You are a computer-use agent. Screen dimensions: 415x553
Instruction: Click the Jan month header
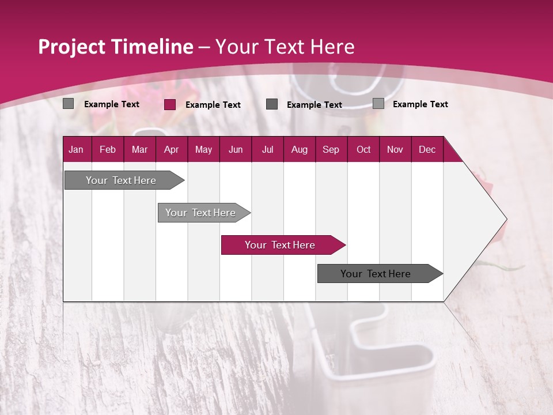pyautogui.click(x=76, y=149)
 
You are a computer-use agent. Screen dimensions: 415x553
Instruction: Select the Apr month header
pyautogui.click(x=171, y=149)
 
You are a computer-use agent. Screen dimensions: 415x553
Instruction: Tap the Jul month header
pyautogui.click(x=267, y=149)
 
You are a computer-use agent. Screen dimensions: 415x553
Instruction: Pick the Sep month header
pyautogui.click(x=331, y=149)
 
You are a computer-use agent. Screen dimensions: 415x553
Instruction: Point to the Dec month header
pyautogui.click(x=427, y=149)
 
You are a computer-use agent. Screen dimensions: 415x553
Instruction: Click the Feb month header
pyautogui.click(x=108, y=149)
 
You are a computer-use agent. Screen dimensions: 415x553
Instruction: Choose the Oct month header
pyautogui.click(x=363, y=149)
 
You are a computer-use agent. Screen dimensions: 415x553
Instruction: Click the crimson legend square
pyautogui.click(x=170, y=104)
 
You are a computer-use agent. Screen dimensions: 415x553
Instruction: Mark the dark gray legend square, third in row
pyautogui.click(x=272, y=104)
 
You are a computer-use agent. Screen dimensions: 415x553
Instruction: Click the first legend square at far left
pyautogui.click(x=69, y=104)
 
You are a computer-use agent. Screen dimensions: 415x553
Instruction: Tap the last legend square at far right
pyautogui.click(x=378, y=104)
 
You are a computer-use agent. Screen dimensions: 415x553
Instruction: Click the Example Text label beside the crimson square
pyautogui.click(x=213, y=105)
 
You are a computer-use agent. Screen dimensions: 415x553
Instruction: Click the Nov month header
pyautogui.click(x=395, y=149)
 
